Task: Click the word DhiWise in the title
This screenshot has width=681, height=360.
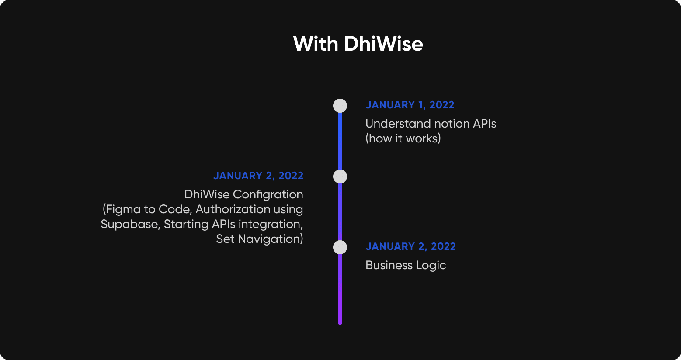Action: coord(383,44)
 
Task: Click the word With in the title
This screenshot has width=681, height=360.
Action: coord(316,44)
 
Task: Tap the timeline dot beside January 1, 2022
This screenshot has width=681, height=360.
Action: coord(340,106)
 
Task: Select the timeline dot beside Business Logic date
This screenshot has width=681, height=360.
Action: coord(340,247)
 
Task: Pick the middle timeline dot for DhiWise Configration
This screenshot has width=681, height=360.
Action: coord(340,177)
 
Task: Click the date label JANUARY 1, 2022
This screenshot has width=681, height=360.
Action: coord(410,105)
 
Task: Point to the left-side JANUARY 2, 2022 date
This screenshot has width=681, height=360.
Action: coord(258,176)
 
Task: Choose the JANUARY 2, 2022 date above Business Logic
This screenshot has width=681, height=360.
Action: coord(410,247)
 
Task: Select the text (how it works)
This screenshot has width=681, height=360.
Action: coord(403,138)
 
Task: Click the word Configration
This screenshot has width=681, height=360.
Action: coord(268,195)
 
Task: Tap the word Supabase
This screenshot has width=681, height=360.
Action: coord(130,225)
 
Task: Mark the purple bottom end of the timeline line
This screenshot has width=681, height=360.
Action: coord(340,324)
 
